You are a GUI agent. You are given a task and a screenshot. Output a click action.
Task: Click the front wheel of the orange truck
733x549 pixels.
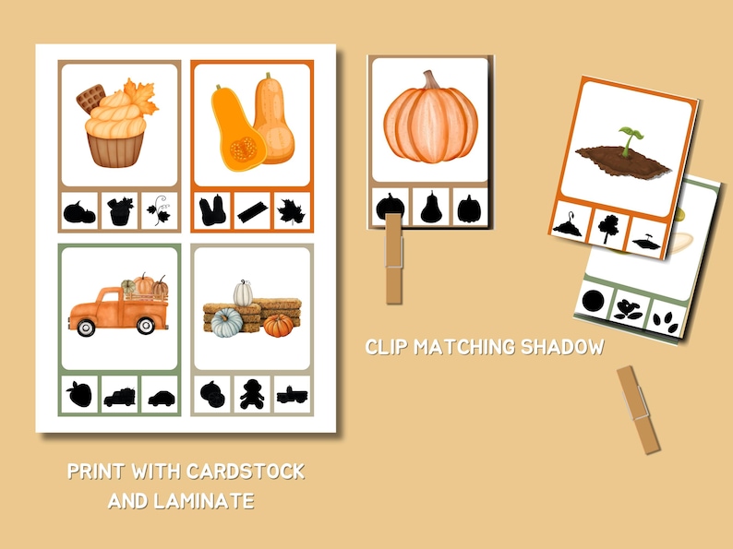coord(86,327)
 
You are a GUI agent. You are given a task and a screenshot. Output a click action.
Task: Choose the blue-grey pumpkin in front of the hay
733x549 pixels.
coord(226,324)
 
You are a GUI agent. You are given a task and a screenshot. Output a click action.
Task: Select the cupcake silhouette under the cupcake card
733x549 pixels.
coord(120,211)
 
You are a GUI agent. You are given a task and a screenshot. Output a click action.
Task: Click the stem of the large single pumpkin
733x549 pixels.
coord(430,79)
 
